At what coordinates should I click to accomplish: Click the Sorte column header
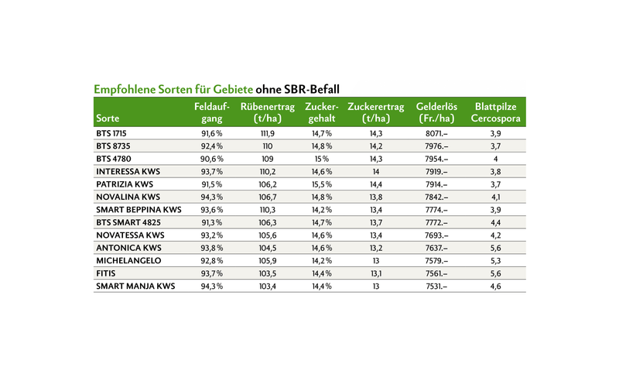tap(108, 118)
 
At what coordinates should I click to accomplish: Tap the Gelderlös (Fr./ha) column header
tap(436, 112)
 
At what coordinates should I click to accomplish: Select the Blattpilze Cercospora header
tap(495, 112)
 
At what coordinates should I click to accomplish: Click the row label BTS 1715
tap(111, 134)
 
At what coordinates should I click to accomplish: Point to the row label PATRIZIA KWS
tap(125, 184)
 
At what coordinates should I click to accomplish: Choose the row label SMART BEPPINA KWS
tap(139, 210)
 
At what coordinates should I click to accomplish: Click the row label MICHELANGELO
tap(128, 261)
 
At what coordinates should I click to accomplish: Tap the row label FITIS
tap(106, 273)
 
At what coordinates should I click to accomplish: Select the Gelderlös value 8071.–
tap(436, 134)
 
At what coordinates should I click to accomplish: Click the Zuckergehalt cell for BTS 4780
tap(322, 159)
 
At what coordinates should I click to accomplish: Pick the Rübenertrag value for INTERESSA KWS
tap(268, 172)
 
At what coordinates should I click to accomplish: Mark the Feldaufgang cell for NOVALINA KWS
tap(212, 197)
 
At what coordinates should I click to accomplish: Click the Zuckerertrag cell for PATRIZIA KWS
tap(376, 184)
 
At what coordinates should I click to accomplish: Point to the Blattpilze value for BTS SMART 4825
tap(495, 222)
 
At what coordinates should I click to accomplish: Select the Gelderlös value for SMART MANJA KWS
tap(436, 287)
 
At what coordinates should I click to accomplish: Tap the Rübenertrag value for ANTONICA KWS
tap(268, 249)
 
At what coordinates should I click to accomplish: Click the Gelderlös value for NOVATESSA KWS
tap(436, 235)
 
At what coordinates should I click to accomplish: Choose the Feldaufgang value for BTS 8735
tap(212, 146)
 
